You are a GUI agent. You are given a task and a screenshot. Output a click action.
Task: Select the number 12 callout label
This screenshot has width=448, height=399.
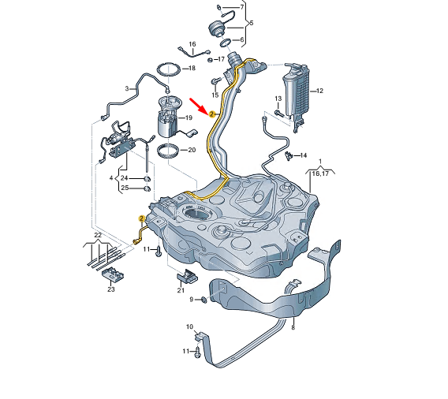pos(320,91)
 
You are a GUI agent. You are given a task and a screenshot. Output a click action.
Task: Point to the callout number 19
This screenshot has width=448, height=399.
pos(190,118)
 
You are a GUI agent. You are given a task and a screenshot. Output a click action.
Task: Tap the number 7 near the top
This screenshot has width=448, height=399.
pos(241,6)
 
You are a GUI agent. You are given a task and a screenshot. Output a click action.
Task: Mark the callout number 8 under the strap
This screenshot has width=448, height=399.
pos(293,326)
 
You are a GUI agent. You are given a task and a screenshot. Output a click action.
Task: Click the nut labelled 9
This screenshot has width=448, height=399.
pos(203,299)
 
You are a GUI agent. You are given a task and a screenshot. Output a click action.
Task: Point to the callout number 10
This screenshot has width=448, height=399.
pos(189,326)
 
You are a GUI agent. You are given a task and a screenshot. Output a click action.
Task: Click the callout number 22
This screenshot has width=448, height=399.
pos(97,235)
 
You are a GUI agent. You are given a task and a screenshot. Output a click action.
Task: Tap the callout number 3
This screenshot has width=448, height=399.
pos(126,88)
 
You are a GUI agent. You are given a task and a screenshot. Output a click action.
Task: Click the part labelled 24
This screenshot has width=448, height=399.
pos(147,178)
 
